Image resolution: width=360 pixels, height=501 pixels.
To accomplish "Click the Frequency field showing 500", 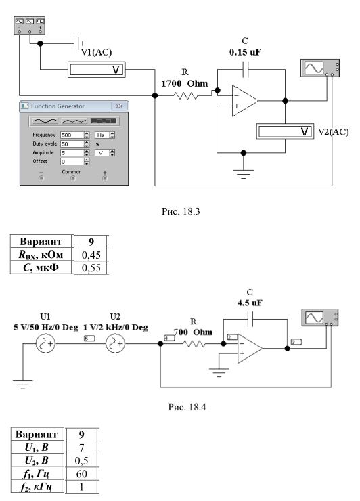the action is (72, 135).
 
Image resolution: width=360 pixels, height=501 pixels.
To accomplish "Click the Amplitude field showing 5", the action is (72, 153).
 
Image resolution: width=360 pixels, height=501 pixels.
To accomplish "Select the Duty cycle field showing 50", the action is (72, 144).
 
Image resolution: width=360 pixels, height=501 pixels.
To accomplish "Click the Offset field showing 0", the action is (72, 162).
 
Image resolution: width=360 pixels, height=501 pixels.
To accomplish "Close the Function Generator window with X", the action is (120, 106).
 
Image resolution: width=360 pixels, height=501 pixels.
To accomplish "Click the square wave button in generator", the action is (103, 121).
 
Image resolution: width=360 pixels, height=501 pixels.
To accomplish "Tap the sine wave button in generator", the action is (46, 121).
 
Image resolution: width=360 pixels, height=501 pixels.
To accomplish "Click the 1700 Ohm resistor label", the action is (184, 84).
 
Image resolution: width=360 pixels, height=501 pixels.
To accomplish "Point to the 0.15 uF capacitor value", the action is (245, 52).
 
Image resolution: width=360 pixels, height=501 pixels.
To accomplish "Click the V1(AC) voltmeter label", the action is (97, 52).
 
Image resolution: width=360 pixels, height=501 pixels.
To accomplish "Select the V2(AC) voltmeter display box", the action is (285, 131).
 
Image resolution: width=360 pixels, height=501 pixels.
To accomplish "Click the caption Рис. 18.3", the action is (181, 211).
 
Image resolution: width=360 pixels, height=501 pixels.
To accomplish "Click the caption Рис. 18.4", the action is (187, 407).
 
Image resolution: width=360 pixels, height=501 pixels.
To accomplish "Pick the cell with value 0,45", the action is (91, 255).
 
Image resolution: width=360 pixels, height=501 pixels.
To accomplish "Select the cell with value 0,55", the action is (91, 267).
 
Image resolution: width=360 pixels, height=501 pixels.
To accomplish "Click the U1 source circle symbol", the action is (46, 344).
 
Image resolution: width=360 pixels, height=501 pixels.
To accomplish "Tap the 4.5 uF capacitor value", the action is (250, 303).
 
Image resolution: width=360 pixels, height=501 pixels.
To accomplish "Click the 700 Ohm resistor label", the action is (193, 332).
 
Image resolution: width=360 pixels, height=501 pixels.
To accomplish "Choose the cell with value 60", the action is (81, 473).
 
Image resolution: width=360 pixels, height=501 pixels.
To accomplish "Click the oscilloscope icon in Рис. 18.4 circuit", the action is (320, 318).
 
